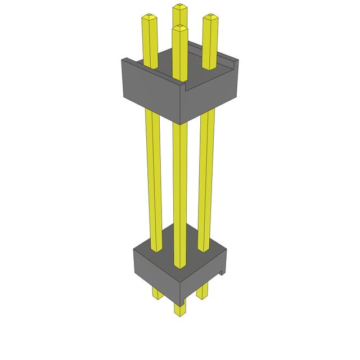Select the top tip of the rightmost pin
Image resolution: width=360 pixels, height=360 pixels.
click(210, 17)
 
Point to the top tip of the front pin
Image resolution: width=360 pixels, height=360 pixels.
click(180, 28)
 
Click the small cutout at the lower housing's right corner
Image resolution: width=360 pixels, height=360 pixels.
click(223, 273)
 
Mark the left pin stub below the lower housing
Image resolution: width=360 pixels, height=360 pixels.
click(156, 293)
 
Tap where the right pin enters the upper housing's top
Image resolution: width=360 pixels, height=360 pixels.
click(209, 66)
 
